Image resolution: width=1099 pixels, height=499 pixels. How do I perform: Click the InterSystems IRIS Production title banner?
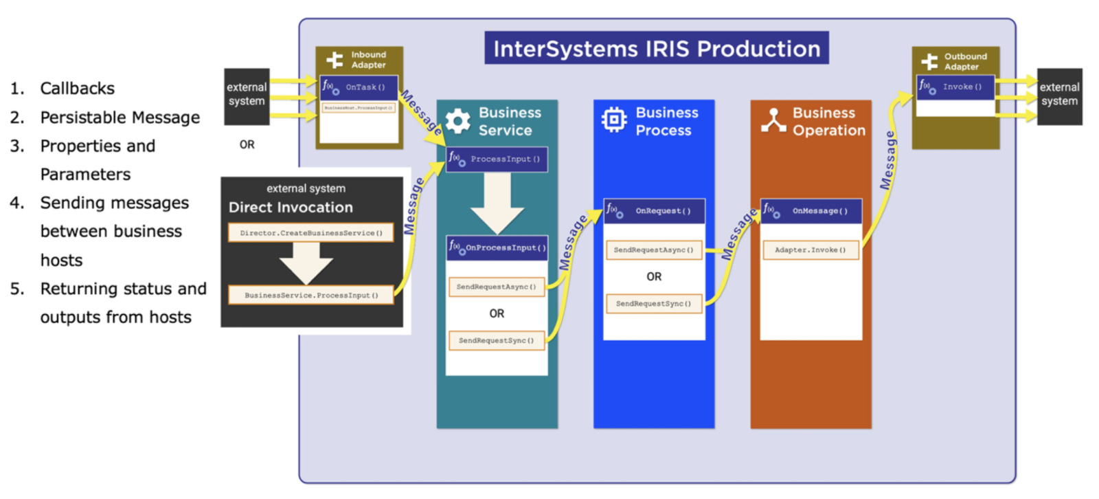(x=656, y=48)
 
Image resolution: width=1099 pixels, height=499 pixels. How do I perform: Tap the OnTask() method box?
(x=359, y=87)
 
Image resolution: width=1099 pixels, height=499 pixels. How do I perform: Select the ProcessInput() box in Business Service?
(x=497, y=159)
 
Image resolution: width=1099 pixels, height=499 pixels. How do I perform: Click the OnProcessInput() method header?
(x=497, y=247)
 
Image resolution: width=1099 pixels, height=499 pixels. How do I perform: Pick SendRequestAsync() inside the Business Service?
(x=496, y=287)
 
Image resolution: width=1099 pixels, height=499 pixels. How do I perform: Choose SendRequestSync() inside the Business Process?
(x=653, y=303)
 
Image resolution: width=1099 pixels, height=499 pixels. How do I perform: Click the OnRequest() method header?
(x=654, y=211)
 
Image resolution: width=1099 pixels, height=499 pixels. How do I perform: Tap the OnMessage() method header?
(x=811, y=211)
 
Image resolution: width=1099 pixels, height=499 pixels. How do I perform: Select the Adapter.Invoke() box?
(x=811, y=250)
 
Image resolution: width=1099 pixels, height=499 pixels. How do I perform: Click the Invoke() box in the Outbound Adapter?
(x=955, y=87)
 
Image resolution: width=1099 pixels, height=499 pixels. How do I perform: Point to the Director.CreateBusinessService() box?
(x=311, y=233)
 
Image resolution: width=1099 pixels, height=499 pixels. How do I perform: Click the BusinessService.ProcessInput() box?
(x=311, y=295)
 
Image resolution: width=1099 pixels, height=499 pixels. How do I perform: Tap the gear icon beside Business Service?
(x=457, y=121)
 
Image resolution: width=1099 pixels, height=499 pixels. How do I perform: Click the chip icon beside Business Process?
(x=613, y=120)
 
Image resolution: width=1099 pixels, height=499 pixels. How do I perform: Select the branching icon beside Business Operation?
(x=773, y=120)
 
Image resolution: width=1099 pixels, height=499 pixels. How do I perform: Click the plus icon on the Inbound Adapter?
(x=335, y=60)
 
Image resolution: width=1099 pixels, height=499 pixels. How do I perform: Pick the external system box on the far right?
(x=1059, y=96)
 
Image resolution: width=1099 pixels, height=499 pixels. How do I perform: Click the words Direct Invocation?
(x=291, y=208)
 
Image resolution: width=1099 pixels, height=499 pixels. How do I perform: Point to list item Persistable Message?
(x=120, y=118)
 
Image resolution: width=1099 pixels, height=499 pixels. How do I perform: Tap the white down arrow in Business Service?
(x=497, y=203)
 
